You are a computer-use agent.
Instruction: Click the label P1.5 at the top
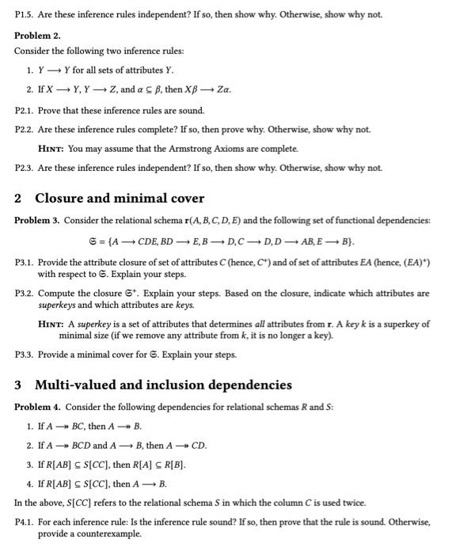tap(26, 14)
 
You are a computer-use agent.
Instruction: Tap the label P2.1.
tap(25, 110)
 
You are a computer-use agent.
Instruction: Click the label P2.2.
tap(25, 129)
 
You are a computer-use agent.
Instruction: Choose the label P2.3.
tap(25, 167)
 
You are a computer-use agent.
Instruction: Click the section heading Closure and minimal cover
tap(120, 199)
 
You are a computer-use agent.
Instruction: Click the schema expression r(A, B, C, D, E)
tap(212, 219)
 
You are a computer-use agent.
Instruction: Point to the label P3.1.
tap(25, 261)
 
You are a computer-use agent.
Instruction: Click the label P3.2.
tap(25, 293)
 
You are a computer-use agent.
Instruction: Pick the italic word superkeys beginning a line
tap(58, 304)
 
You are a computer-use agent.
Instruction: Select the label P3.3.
tap(25, 355)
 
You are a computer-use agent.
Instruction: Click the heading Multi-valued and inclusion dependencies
tap(163, 385)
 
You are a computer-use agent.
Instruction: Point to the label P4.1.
tap(25, 522)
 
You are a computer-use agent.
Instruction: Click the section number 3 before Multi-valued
tap(19, 385)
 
